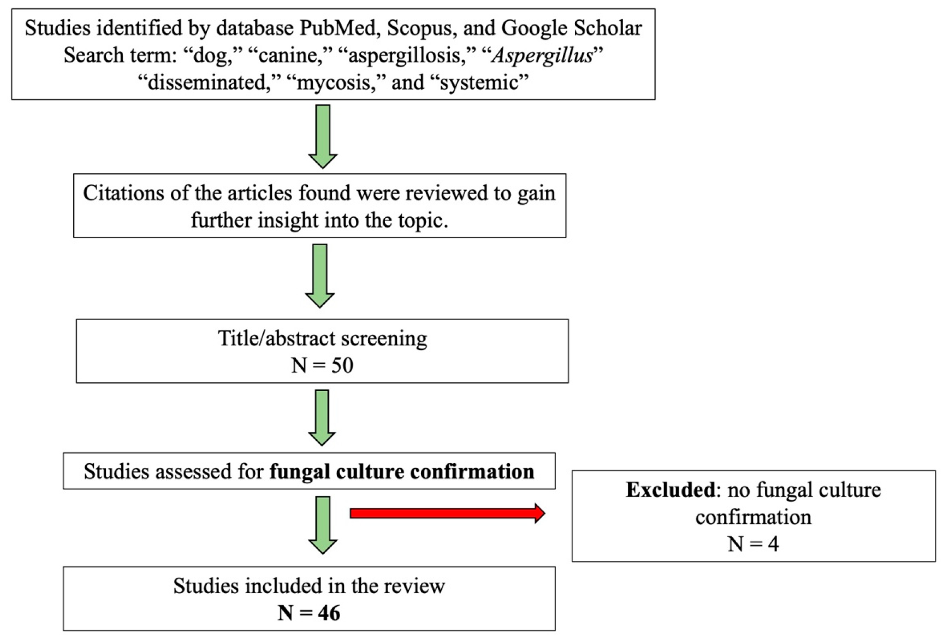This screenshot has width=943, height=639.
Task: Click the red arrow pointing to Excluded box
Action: pos(447,513)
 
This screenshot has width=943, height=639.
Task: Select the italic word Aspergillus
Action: pos(542,56)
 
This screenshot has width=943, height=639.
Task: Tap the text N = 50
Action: pos(322,365)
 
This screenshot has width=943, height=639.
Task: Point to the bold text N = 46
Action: pos(309,613)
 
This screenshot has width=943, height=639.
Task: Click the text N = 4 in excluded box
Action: pos(753,544)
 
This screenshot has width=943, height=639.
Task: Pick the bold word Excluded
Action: pos(670,490)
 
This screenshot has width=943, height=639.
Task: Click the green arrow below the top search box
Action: pos(323,137)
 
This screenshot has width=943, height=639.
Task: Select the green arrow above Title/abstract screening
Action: pos(320,276)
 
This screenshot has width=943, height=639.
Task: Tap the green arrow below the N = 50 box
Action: pos(322,418)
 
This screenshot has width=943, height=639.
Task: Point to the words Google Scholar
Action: pos(571,28)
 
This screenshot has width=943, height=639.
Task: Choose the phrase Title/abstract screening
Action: pos(322,339)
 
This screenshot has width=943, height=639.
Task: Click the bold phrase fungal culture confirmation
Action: pos(402,472)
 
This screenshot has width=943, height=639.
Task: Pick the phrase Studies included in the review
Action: pos(309,586)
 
